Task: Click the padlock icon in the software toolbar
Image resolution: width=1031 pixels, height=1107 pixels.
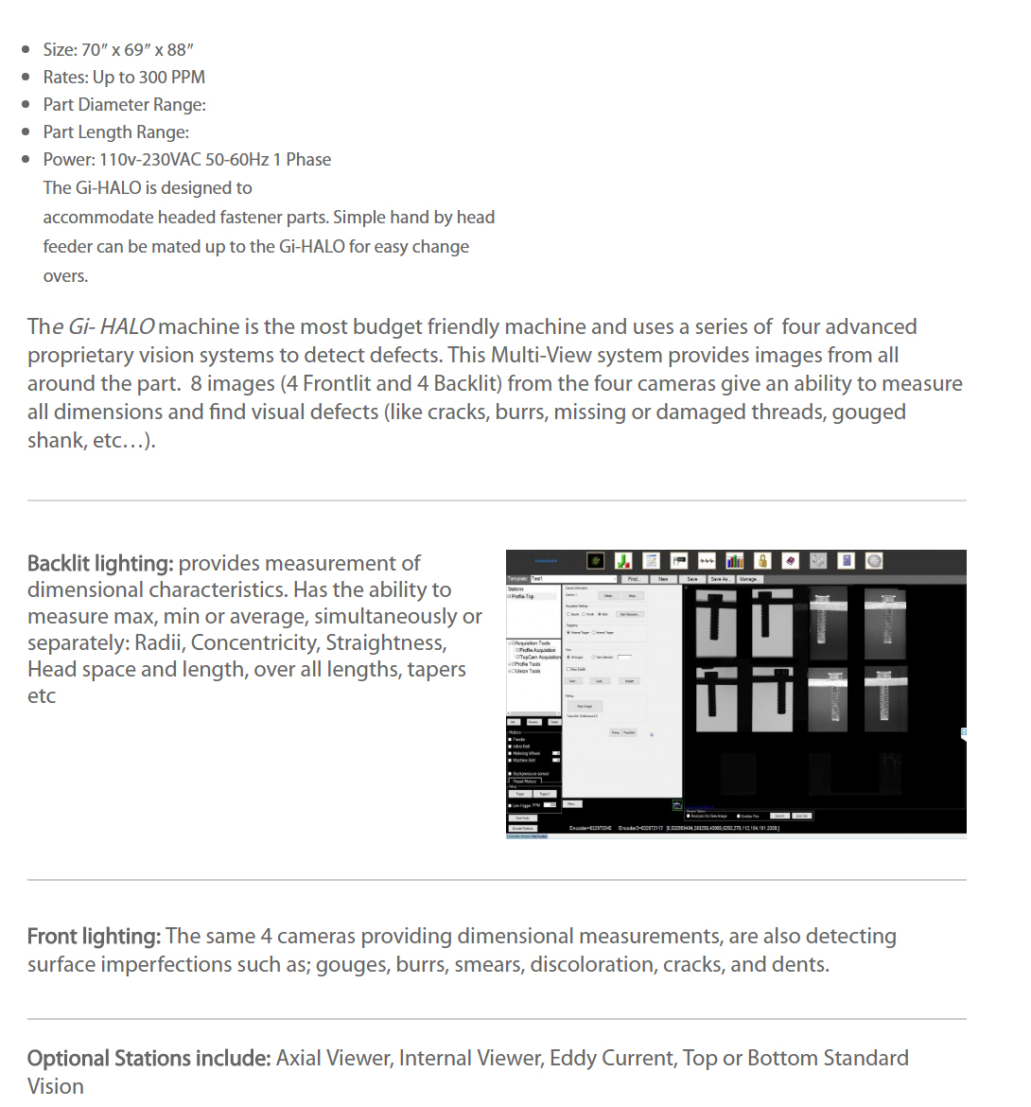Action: click(762, 561)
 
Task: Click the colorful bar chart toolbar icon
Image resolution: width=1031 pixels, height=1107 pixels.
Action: click(735, 561)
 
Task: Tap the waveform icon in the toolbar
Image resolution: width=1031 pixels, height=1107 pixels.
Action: click(707, 561)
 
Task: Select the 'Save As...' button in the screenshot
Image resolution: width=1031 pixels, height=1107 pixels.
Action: click(721, 579)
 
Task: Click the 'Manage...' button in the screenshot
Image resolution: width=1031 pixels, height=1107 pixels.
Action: click(749, 579)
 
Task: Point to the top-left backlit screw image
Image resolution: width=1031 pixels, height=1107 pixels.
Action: click(716, 623)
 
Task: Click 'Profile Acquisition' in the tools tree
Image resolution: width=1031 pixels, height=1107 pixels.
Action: click(537, 650)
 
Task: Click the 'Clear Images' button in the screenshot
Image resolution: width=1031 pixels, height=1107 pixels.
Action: click(585, 706)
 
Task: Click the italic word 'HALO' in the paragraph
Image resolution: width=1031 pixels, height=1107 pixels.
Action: click(127, 326)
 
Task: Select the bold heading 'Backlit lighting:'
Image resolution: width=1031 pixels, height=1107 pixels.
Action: click(100, 563)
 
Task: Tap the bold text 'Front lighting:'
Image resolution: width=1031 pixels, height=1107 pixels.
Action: click(94, 936)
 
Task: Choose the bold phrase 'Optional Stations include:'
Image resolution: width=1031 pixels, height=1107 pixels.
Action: click(149, 1058)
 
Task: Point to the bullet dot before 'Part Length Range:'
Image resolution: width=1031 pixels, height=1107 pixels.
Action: click(26, 132)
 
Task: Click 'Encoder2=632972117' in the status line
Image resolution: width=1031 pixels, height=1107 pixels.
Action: click(640, 828)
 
